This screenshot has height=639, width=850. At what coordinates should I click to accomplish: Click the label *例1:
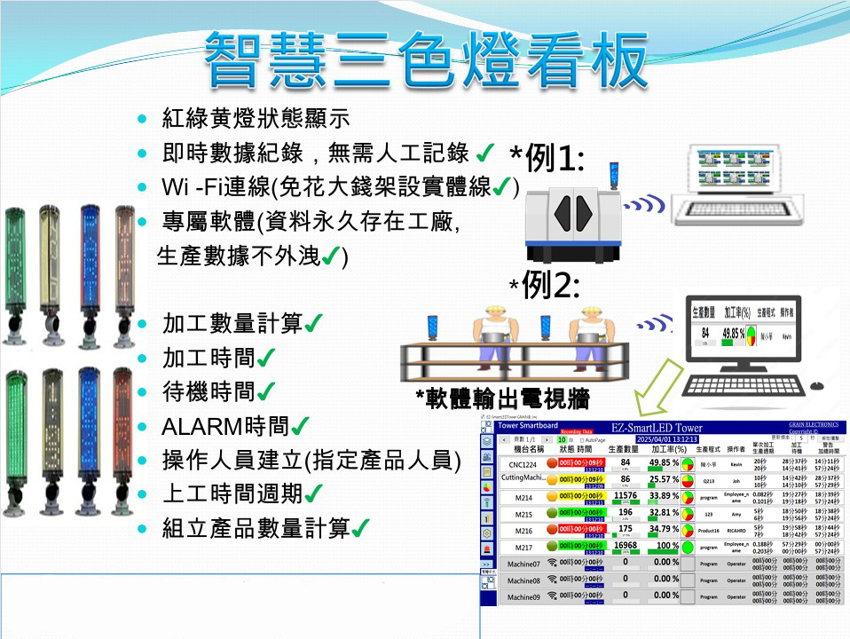[547, 159]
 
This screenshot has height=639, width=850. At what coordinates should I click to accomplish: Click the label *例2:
[545, 286]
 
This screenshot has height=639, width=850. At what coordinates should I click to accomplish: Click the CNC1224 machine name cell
[522, 462]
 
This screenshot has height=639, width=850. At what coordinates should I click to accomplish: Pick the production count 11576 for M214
[625, 495]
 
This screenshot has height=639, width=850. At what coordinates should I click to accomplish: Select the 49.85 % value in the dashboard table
[663, 462]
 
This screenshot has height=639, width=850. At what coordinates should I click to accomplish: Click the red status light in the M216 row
[552, 530]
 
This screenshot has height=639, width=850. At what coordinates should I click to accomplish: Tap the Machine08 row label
[521, 580]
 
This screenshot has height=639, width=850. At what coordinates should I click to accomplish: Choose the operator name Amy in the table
[736, 513]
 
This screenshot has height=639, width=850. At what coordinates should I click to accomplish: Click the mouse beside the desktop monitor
[817, 385]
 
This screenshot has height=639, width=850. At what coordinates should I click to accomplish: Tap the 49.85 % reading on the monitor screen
[733, 334]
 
